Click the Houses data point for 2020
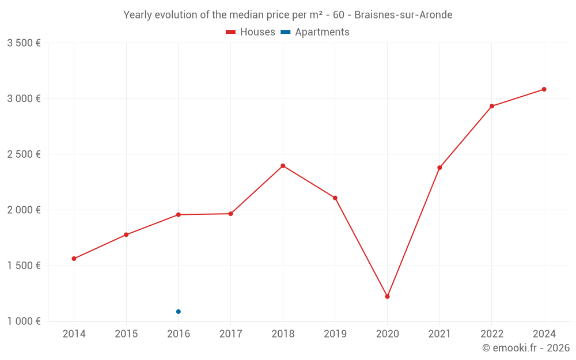387,297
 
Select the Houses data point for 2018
283,166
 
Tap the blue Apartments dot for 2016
179,312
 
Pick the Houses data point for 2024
544,89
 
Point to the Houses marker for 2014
74,259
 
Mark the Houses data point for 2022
492,106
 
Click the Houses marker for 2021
439,168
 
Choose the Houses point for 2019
335,198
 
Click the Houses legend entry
251,32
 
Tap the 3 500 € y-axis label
24,43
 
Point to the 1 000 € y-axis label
24,321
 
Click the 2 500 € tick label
24,154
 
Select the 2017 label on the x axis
230,334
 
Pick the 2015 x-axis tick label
126,334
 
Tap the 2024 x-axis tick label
544,334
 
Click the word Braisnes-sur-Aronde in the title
403,15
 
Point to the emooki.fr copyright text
525,348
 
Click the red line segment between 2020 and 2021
414,232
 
